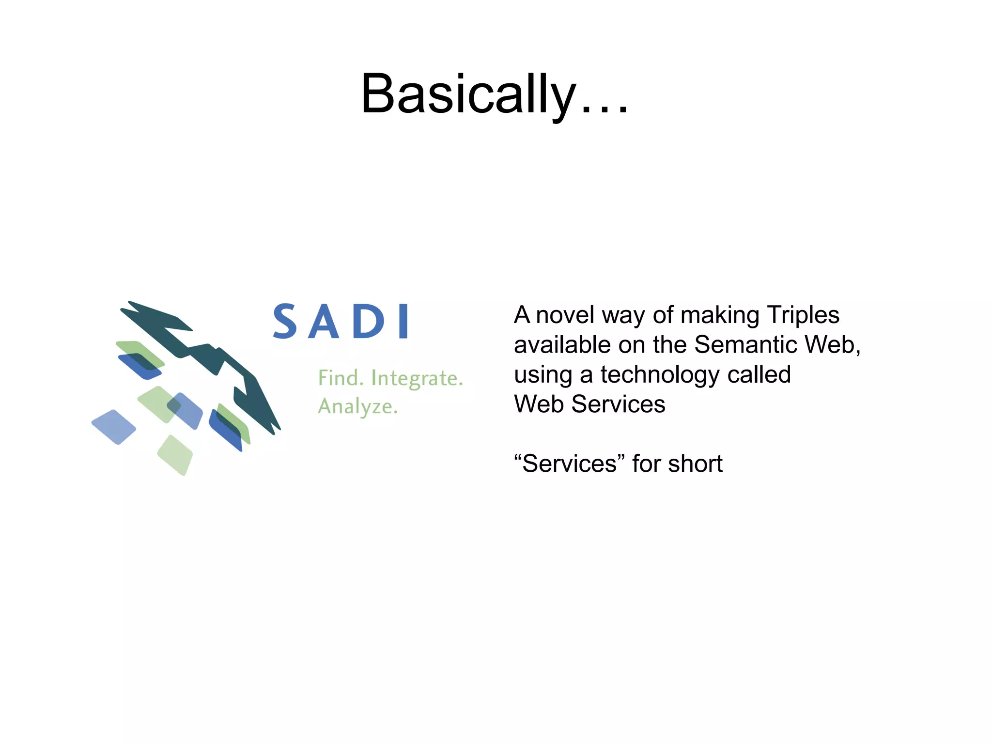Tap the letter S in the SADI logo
point(285,321)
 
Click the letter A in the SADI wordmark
point(323,322)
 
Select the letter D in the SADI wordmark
point(368,322)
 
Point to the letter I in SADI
point(403,321)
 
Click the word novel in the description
point(565,315)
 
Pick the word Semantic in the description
point(746,345)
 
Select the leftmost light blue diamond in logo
point(114,427)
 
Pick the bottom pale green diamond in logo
point(175,455)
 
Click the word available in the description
point(562,345)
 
